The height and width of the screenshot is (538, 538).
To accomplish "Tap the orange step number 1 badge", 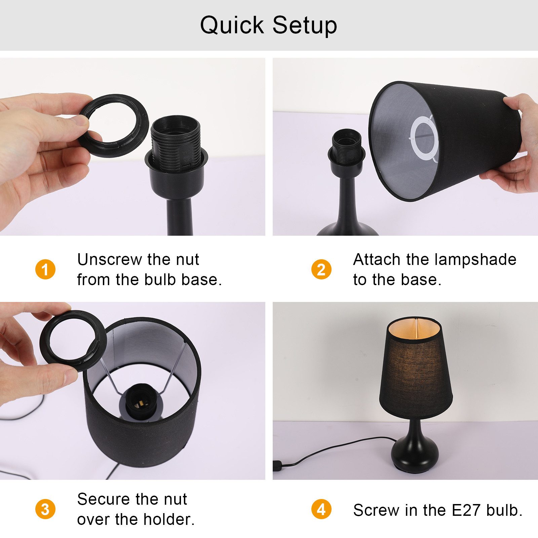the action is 45,269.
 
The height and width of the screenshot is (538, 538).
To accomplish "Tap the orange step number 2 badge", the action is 321,269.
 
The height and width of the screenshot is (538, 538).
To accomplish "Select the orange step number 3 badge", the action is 45,509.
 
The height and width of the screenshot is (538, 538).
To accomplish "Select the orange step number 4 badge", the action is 321,509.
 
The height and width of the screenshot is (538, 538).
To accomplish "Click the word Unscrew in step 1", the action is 110,260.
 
